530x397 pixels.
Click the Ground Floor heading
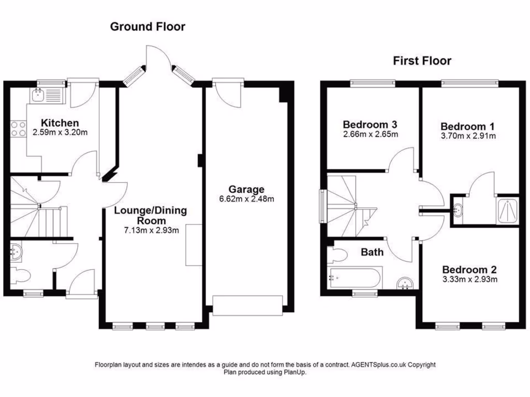point(148,27)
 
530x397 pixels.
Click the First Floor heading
point(422,61)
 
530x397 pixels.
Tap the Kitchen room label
point(60,123)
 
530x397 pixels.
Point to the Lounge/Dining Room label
point(151,216)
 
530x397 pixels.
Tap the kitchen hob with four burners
point(19,129)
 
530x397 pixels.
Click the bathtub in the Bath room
point(356,278)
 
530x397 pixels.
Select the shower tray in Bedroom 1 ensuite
point(507,211)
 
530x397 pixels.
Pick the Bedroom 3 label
point(370,125)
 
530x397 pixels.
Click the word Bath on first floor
point(372,252)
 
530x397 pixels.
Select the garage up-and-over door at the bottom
point(247,305)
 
